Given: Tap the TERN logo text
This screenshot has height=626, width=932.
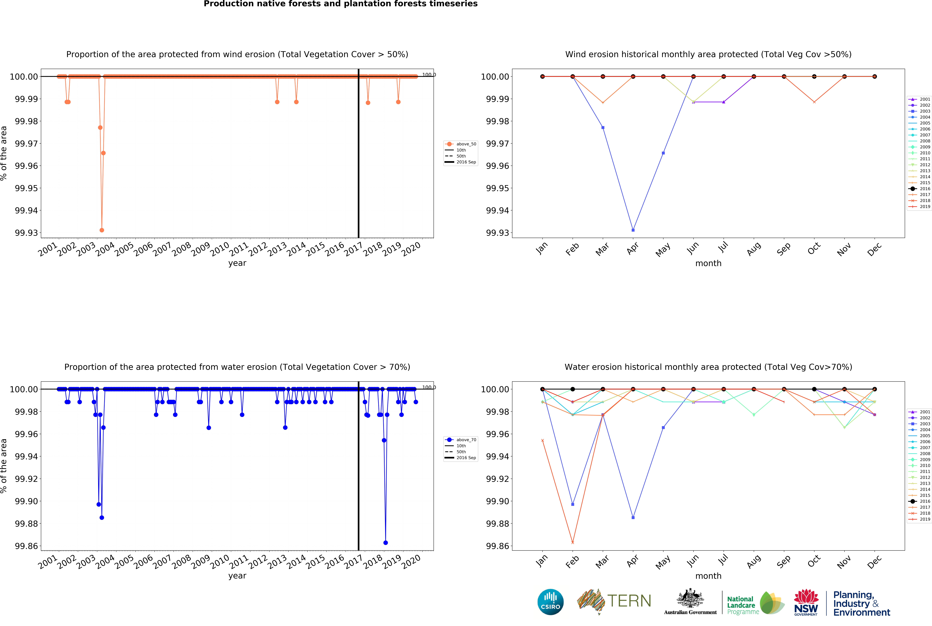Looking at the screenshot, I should pyautogui.click(x=629, y=601).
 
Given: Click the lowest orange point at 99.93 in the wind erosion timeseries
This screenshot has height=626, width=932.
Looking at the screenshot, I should pyautogui.click(x=102, y=230).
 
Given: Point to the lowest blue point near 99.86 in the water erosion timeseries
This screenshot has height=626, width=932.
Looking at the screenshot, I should pyautogui.click(x=385, y=543).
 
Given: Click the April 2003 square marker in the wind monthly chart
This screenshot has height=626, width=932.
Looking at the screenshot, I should pyautogui.click(x=633, y=230).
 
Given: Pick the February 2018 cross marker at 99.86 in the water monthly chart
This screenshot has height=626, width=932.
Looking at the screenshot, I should pyautogui.click(x=573, y=543).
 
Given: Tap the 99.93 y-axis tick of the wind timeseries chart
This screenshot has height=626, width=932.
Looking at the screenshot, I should pyautogui.click(x=26, y=233).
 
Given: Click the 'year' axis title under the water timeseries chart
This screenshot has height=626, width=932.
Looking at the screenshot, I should pyautogui.click(x=237, y=576).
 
